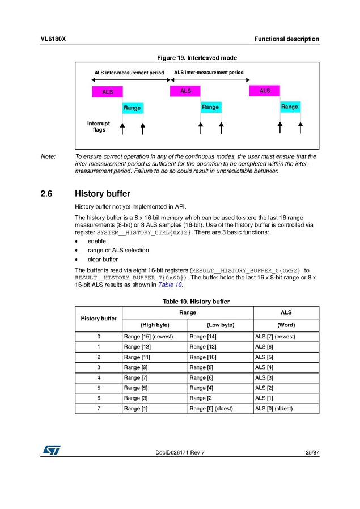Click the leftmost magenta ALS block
click(x=107, y=92)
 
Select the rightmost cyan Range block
click(x=290, y=107)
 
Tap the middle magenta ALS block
click(x=185, y=91)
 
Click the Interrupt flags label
click(x=99, y=126)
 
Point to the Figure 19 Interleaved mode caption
click(x=197, y=57)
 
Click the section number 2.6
click(x=46, y=194)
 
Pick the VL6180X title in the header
click(x=53, y=39)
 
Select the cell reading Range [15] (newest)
click(x=148, y=336)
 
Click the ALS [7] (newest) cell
click(x=275, y=336)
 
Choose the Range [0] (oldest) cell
click(x=215, y=408)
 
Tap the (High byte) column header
click(x=155, y=325)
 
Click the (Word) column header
click(x=286, y=325)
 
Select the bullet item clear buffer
click(x=103, y=259)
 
